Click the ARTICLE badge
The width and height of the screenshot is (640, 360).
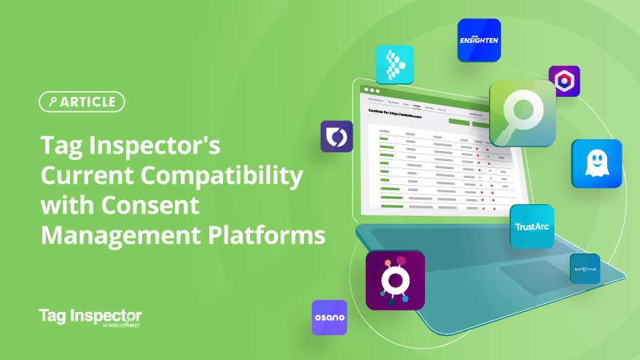pyautogui.click(x=82, y=102)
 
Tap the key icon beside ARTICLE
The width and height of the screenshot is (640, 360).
pyautogui.click(x=52, y=102)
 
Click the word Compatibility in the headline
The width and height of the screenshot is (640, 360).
pyautogui.click(x=218, y=177)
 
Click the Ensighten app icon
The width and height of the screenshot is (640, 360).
pyautogui.click(x=479, y=40)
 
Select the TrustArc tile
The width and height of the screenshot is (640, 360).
pyautogui.click(x=531, y=227)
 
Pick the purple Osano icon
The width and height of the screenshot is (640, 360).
pyautogui.click(x=329, y=318)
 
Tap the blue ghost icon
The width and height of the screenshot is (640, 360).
pyautogui.click(x=596, y=164)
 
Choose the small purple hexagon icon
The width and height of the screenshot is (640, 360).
pyautogui.click(x=563, y=82)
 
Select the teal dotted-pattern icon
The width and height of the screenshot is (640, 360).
pyautogui.click(x=394, y=64)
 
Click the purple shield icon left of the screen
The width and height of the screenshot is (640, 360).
pyautogui.click(x=337, y=136)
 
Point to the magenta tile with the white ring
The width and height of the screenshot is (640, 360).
pyautogui.click(x=395, y=280)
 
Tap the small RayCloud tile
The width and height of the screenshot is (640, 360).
pyautogui.click(x=585, y=269)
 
